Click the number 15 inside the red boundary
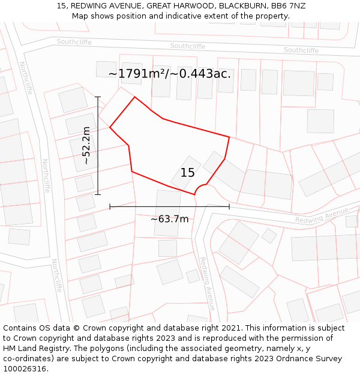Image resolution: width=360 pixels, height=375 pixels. [x=187, y=173]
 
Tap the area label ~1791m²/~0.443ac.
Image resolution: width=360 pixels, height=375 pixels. [x=170, y=74]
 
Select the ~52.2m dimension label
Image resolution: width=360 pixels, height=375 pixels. [x=86, y=145]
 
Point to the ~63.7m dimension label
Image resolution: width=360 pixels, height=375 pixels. [x=169, y=219]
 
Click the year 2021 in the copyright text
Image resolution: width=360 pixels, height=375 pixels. [x=230, y=328]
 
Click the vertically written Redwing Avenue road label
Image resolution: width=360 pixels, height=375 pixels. [x=207, y=283]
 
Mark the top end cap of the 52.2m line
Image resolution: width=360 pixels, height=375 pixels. [x=98, y=97]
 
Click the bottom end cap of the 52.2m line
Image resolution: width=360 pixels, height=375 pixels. [x=98, y=194]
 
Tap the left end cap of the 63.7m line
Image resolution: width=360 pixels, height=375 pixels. [x=110, y=206]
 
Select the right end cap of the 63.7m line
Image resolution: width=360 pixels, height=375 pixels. [x=229, y=206]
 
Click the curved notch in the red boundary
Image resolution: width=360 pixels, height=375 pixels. [x=201, y=188]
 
